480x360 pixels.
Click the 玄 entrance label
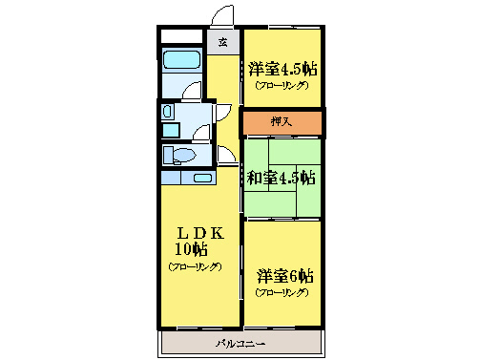[x=222, y=42]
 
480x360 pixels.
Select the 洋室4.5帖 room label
[x=282, y=70]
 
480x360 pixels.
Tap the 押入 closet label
[x=281, y=122]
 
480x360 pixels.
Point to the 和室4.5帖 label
[x=282, y=178]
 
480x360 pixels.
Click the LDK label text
[x=199, y=233]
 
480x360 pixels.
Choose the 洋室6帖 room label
[x=285, y=276]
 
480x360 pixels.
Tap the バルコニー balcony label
[x=240, y=343]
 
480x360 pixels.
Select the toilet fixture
[x=179, y=156]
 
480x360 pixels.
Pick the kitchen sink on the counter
[x=203, y=178]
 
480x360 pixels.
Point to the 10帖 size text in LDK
[x=191, y=250]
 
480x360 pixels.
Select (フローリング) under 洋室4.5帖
[x=282, y=86]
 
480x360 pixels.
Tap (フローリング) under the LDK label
[x=196, y=266]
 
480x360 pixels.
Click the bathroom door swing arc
[x=193, y=92]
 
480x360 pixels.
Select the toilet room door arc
[x=226, y=154]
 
